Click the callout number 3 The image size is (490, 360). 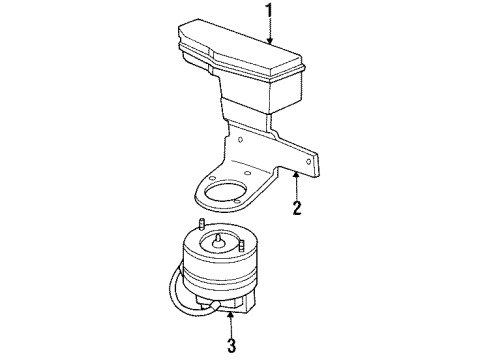[x=231, y=348]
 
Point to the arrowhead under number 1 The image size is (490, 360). [x=267, y=42]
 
